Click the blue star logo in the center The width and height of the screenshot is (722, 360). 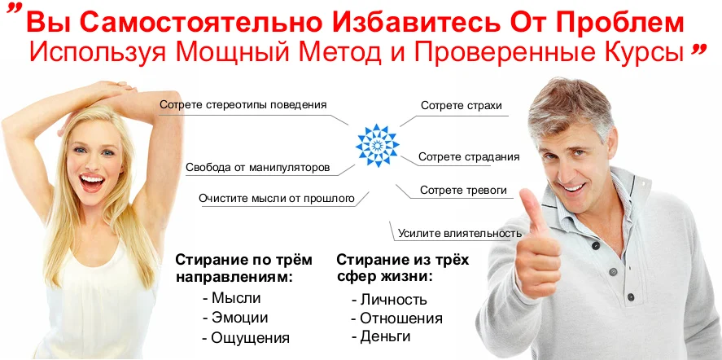[x=377, y=145]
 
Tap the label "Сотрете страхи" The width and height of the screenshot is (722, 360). [x=462, y=106]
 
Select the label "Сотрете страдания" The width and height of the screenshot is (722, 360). [x=469, y=156]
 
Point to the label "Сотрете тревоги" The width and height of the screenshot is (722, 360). [x=463, y=190]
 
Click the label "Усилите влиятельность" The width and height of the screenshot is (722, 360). [x=460, y=233]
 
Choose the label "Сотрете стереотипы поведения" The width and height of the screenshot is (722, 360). [x=243, y=104]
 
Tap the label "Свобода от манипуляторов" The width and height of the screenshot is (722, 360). [x=258, y=167]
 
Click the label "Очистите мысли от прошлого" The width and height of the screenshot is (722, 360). [x=277, y=199]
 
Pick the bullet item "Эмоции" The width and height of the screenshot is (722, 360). [x=235, y=318]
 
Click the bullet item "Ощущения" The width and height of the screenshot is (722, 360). [x=246, y=338]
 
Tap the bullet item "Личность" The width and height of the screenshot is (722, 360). [x=389, y=300]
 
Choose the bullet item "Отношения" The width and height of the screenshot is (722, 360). [x=396, y=318]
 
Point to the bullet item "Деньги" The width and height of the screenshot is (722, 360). [x=380, y=336]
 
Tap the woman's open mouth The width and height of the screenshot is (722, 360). [x=93, y=182]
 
